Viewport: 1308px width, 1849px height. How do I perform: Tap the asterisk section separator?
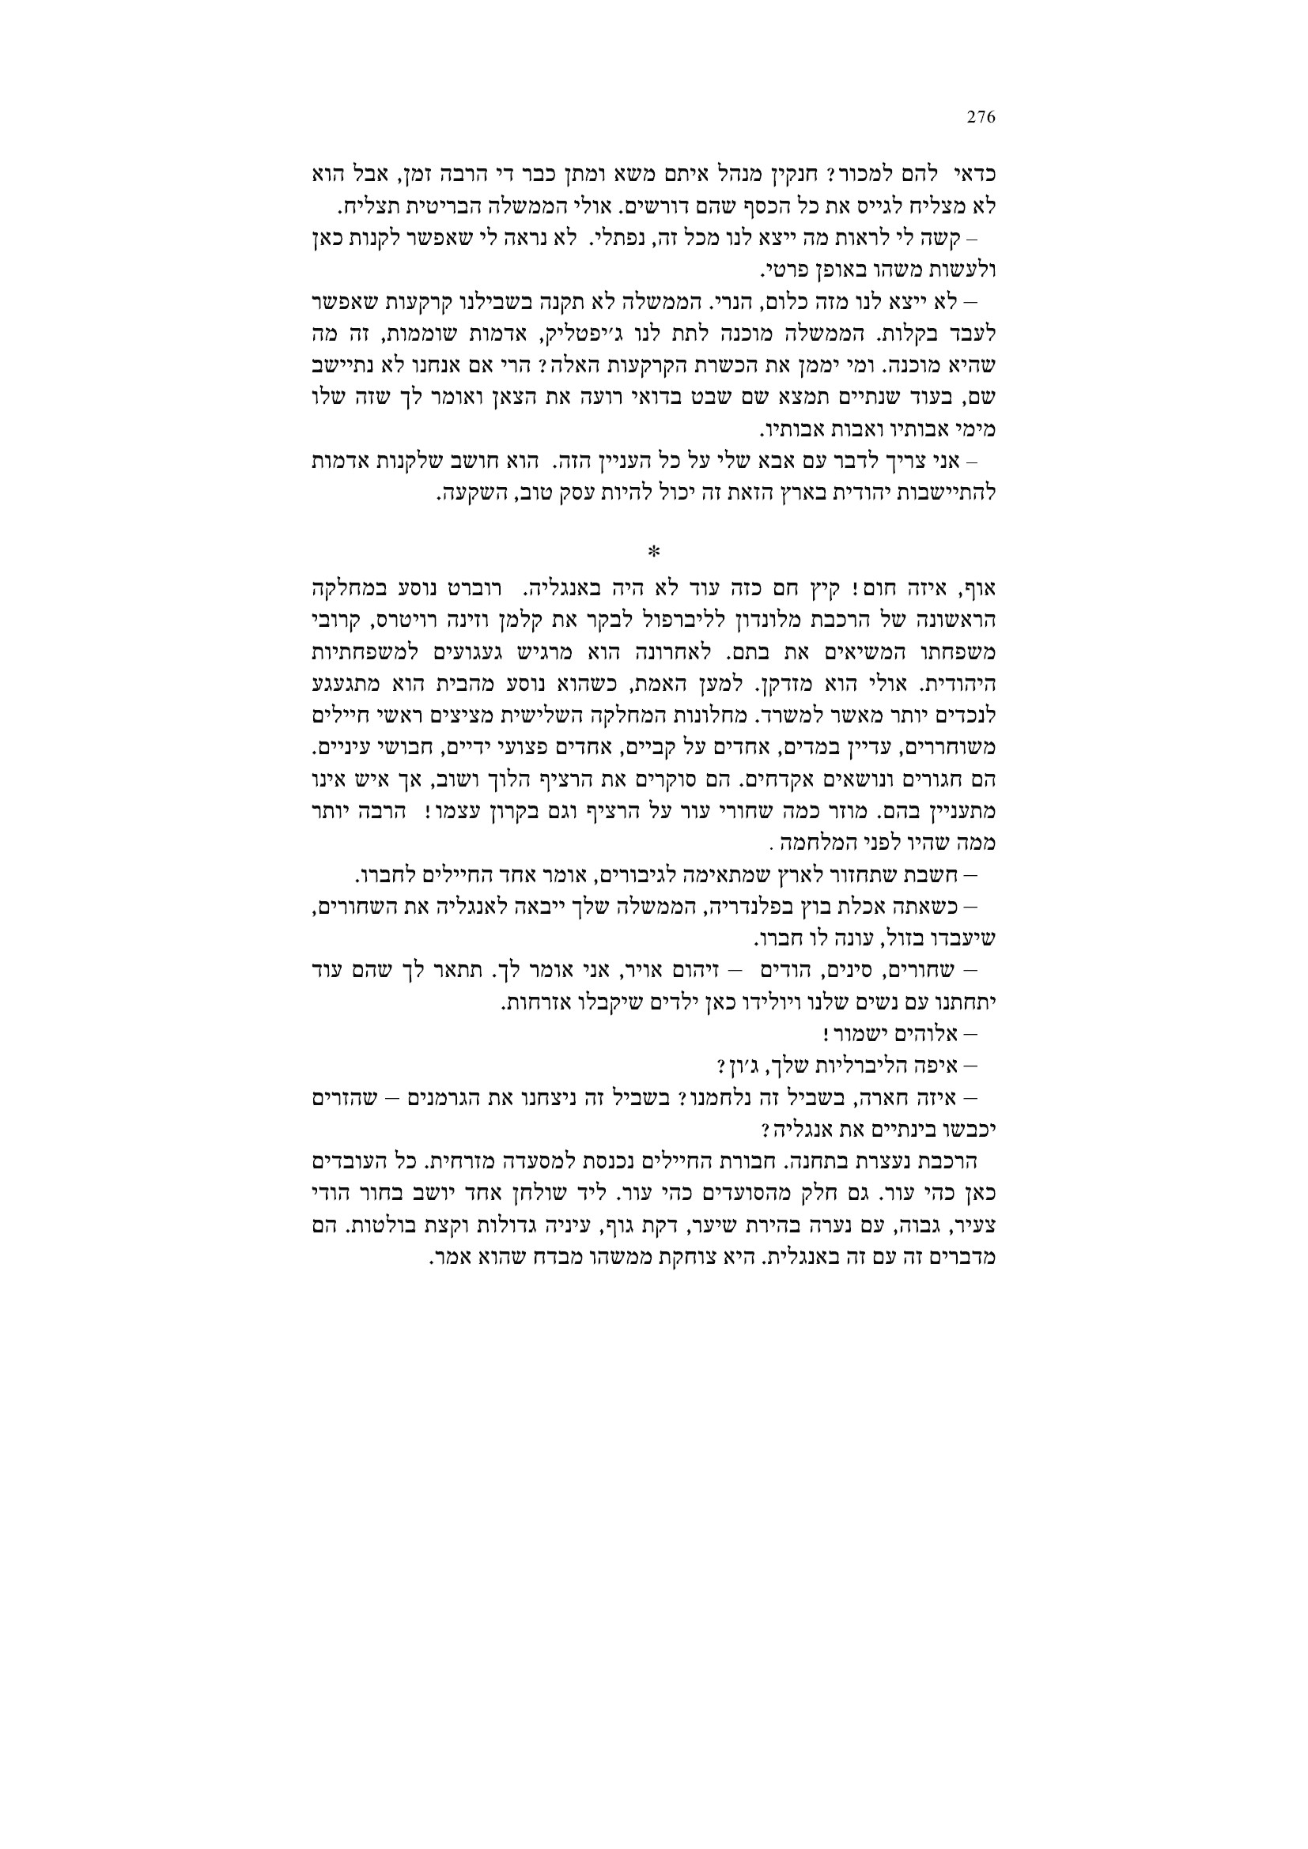point(653,552)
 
